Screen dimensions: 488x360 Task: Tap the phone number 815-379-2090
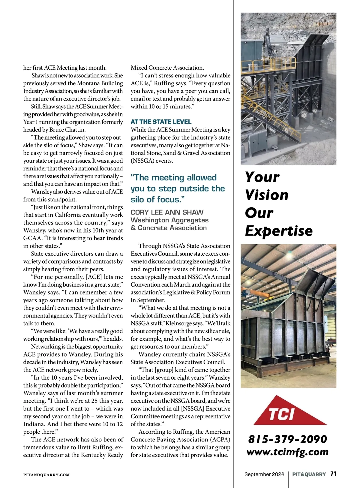pyautogui.click(x=287, y=439)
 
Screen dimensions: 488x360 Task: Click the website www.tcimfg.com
pyautogui.click(x=287, y=452)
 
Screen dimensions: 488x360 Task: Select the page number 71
pyautogui.click(x=333, y=474)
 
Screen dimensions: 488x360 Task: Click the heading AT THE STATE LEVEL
pyautogui.click(x=161, y=122)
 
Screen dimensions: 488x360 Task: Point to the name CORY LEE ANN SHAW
pyautogui.click(x=167, y=212)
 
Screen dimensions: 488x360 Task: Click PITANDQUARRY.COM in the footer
pyautogui.click(x=46, y=475)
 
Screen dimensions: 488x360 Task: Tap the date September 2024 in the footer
pyautogui.click(x=264, y=474)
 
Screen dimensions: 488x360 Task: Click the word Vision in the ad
pyautogui.click(x=267, y=195)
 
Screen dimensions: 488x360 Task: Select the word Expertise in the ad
pyautogui.click(x=279, y=231)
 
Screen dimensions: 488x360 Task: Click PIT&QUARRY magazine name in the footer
pyautogui.click(x=309, y=474)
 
